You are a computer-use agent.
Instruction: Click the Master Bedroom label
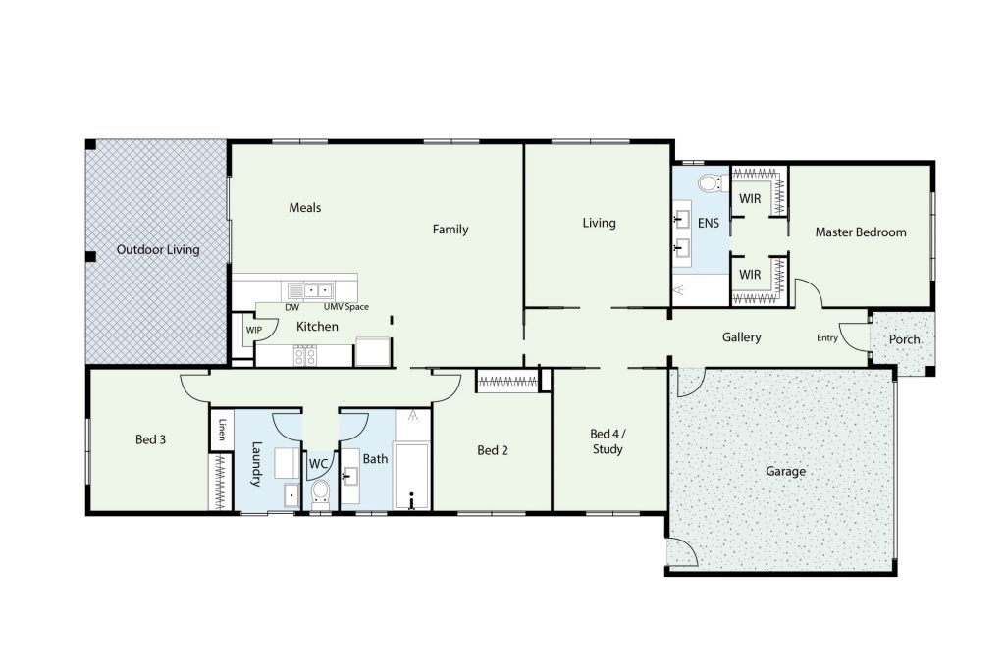point(860,232)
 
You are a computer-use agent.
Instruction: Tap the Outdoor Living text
point(158,250)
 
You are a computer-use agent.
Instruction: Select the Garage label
point(785,472)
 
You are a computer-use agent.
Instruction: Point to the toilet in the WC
point(320,493)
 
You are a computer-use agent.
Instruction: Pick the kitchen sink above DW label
point(309,290)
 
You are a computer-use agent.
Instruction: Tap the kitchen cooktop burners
point(305,355)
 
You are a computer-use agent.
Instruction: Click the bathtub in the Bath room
point(411,476)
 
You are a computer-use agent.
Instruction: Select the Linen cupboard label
point(223,429)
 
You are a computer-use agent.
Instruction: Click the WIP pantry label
point(254,330)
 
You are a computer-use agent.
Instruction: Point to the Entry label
point(826,338)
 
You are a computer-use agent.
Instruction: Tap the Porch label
point(904,339)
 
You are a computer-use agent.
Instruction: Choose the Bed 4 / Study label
point(608,441)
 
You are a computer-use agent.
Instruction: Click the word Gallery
point(742,337)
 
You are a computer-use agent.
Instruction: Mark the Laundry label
point(256,464)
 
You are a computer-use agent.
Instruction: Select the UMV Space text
point(346,307)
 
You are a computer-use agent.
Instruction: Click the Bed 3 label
point(150,439)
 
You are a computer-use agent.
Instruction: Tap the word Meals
point(305,208)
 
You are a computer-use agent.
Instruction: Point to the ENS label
point(709,223)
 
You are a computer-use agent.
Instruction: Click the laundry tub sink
point(291,495)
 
